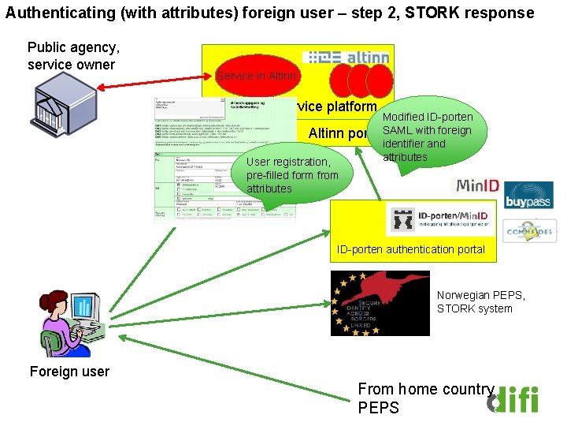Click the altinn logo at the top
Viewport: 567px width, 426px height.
pos(346,58)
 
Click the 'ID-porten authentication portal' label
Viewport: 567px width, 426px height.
pos(412,250)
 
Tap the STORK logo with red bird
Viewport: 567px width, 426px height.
pos(380,303)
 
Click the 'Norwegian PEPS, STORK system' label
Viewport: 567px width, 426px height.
pos(480,301)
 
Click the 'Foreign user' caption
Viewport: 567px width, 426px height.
pos(69,372)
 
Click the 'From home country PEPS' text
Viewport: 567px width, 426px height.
pos(425,398)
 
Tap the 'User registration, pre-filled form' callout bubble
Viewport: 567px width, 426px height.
pos(291,174)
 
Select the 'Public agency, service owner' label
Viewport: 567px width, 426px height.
pos(73,56)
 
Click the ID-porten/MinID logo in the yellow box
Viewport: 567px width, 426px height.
pos(440,219)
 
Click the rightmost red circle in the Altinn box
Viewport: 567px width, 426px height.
pos(380,80)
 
